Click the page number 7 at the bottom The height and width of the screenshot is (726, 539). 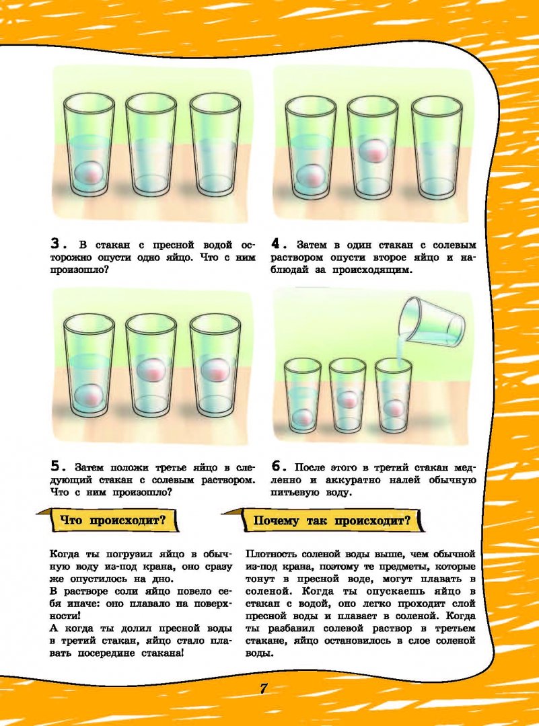point(263,688)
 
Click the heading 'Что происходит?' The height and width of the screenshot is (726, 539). point(113,520)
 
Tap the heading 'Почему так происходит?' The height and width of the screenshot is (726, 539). point(331,521)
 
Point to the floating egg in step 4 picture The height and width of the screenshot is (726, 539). point(373,149)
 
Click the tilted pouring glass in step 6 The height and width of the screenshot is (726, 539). point(432,322)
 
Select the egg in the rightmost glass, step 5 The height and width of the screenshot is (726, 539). point(215,370)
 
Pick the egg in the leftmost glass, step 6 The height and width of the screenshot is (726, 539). point(301,417)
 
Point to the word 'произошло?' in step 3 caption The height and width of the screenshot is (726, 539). point(79,270)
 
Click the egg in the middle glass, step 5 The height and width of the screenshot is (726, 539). point(151,370)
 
